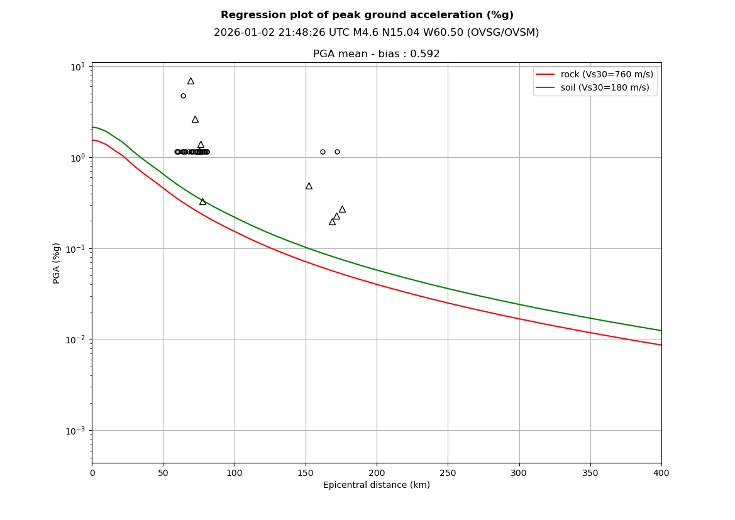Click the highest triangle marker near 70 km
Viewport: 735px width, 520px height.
191,81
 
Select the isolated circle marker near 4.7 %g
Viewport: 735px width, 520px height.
183,96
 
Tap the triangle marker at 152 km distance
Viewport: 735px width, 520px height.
309,186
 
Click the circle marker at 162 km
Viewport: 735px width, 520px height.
323,152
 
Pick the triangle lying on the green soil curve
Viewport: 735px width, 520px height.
202,202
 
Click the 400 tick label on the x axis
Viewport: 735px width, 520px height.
661,473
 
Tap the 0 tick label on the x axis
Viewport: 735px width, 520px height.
92,473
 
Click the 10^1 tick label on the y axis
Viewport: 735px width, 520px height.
77,67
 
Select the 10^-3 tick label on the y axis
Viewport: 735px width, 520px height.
75,431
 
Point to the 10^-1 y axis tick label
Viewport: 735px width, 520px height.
75,248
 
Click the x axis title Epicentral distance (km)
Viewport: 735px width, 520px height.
376,485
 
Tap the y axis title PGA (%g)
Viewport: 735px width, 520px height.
57,263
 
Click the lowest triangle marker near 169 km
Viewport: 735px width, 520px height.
332,222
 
